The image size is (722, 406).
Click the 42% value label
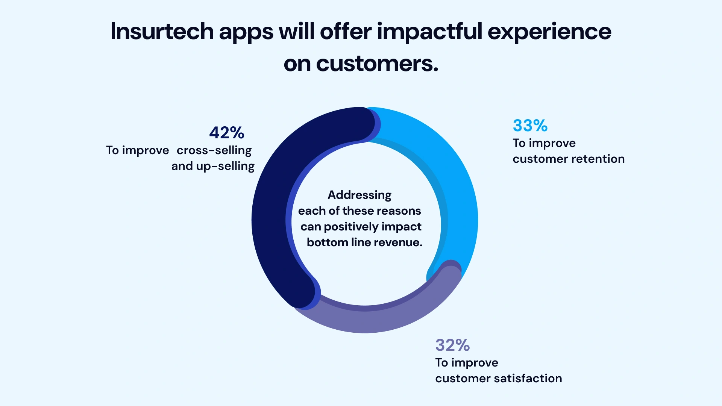[227, 133]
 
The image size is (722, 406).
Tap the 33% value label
[530, 126]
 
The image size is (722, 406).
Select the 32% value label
[452, 345]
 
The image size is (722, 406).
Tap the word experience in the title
[549, 31]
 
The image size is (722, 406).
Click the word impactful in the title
[429, 31]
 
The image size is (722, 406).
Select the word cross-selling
[214, 150]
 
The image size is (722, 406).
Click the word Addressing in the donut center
[359, 195]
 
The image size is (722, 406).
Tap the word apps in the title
[246, 32]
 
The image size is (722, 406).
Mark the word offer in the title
[346, 31]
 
